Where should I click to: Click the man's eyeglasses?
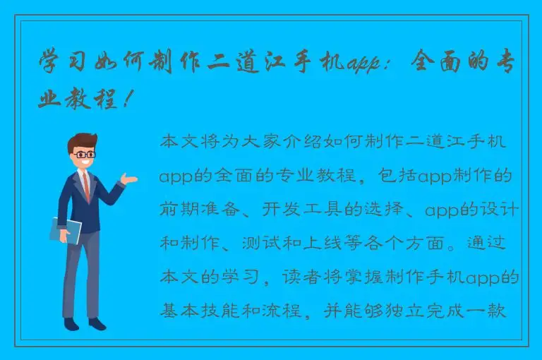coord(85,153)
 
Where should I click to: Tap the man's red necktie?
coord(85,185)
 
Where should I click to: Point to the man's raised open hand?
coord(128,179)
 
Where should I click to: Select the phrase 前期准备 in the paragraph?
coord(195,211)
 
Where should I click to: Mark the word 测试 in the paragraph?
coord(303,245)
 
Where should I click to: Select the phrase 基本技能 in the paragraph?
coord(195,312)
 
